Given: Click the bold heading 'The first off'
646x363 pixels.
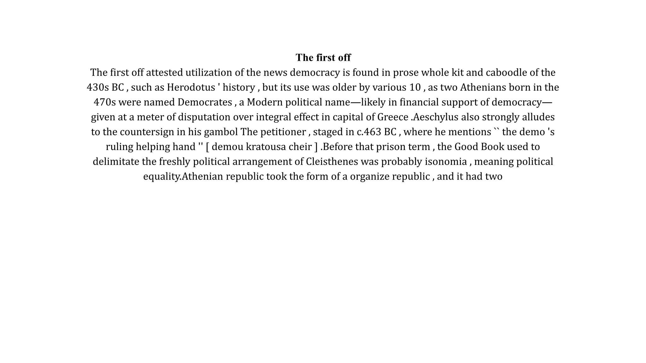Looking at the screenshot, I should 323,58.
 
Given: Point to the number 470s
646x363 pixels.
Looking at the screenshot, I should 105,102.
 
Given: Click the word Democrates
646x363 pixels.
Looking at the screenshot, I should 205,102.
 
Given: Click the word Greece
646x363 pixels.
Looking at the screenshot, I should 393,117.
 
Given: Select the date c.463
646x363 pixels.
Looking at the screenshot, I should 369,132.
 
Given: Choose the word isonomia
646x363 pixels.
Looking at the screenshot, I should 446,161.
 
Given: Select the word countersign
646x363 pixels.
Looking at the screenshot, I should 147,132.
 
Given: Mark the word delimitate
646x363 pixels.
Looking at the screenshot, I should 116,161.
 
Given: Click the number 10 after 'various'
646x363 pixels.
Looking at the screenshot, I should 415,87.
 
